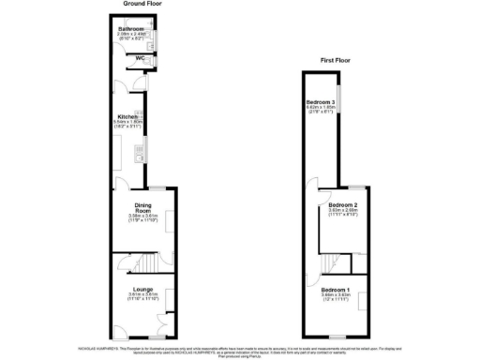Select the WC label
click(139, 59)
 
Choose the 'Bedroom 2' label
click(344, 204)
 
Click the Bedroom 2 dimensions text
click(344, 213)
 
